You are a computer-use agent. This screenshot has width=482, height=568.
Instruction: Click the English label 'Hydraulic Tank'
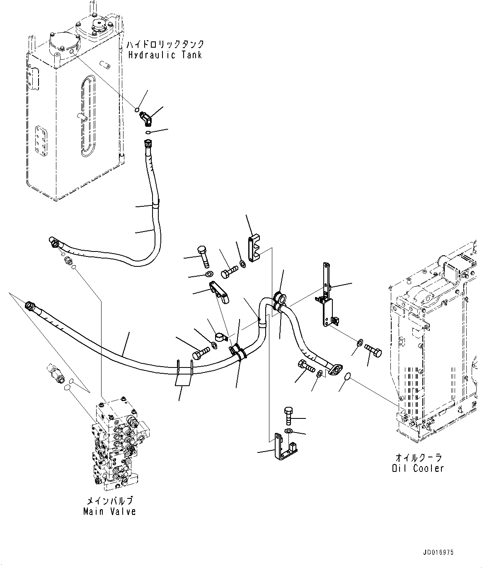[x=165, y=55]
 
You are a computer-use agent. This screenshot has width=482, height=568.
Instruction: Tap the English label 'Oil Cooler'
[x=418, y=468]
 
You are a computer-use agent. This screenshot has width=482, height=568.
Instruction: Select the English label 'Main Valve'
[x=109, y=512]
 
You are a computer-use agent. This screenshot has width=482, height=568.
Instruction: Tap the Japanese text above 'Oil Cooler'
[x=418, y=457]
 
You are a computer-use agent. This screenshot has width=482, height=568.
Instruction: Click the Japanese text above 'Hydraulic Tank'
[x=165, y=44]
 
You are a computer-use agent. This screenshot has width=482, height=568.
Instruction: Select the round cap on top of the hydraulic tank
[x=99, y=26]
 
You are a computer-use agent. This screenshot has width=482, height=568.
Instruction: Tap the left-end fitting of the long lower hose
[x=31, y=306]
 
